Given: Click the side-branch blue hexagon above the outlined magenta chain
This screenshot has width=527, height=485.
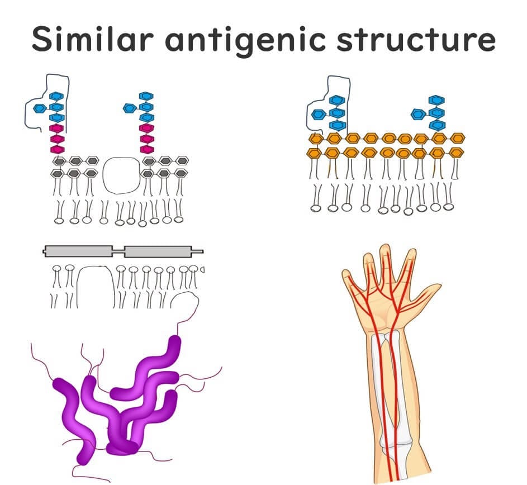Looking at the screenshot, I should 40,107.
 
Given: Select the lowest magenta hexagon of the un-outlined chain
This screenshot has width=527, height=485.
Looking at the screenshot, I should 147,149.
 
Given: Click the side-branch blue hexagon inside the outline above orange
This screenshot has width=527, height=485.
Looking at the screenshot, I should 318,115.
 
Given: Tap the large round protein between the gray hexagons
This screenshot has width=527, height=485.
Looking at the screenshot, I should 121,174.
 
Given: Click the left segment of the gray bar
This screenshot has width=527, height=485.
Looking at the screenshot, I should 78,251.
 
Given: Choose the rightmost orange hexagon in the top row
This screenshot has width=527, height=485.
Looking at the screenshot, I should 458,137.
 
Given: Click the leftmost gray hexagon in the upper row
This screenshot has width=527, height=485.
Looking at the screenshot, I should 58,161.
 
